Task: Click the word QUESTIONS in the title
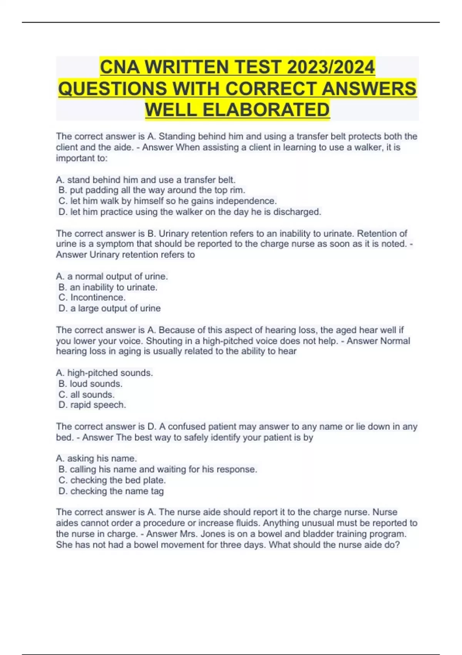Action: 112,89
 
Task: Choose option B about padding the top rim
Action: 152,190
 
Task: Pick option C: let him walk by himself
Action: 167,201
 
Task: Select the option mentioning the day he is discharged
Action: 190,212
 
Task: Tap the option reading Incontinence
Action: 92,297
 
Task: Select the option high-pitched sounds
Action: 104,373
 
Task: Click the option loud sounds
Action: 90,384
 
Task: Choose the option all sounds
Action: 87,395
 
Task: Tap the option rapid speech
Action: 92,405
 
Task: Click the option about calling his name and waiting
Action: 158,469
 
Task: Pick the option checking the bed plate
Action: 112,480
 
